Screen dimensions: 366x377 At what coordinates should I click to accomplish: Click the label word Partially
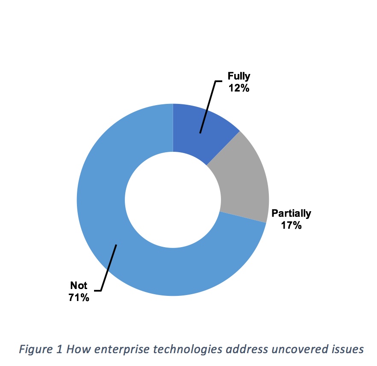tap(292, 213)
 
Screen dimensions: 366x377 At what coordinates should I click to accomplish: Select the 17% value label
tap(292, 225)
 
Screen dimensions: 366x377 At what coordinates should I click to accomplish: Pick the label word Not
tap(79, 286)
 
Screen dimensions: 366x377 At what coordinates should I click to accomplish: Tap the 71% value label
tap(79, 298)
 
